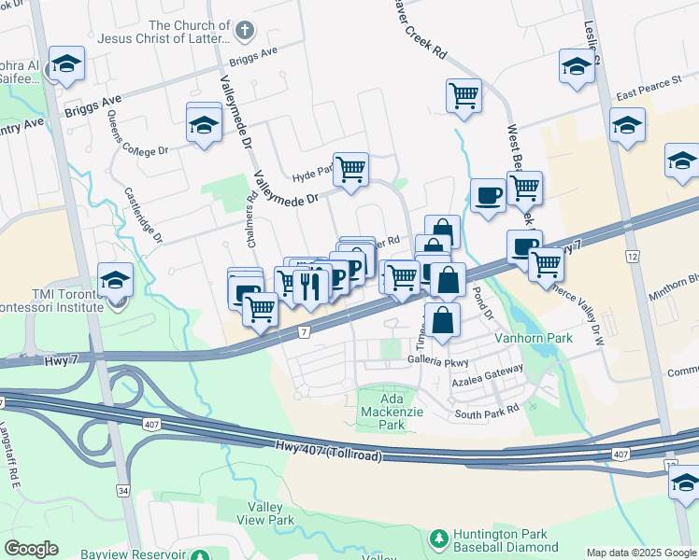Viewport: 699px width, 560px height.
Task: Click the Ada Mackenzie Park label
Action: tap(385, 410)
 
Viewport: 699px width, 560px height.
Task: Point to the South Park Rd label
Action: tap(486, 413)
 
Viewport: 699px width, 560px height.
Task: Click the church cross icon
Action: tap(244, 31)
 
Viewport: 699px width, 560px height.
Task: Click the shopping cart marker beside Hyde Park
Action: tap(350, 170)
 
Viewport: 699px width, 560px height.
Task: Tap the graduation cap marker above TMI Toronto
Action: tap(115, 279)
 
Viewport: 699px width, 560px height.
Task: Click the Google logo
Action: tap(32, 549)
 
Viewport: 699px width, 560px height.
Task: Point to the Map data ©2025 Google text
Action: tap(641, 553)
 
